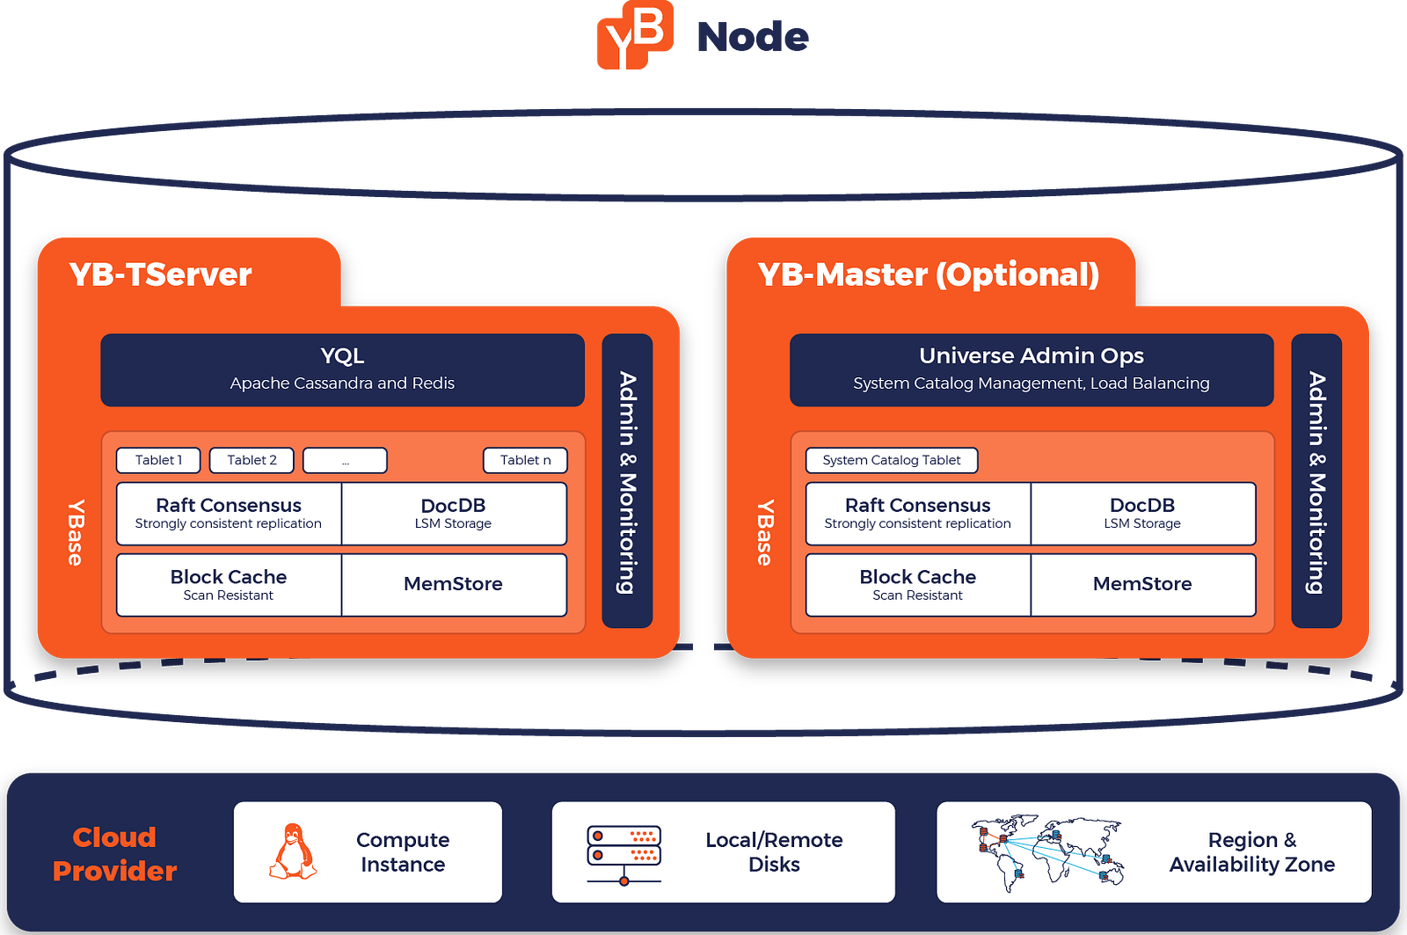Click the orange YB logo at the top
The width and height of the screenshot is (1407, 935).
pos(634,34)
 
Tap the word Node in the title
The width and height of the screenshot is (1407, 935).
pos(753,37)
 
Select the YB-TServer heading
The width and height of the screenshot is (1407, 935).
pos(160,274)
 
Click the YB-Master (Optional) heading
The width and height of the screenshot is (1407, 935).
pos(929,274)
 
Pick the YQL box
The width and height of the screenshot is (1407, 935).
pos(342,370)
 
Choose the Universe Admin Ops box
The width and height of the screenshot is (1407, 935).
pos(1032,370)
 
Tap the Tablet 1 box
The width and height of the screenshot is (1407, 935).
pos(158,460)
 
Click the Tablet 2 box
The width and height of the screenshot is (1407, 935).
pos(252,460)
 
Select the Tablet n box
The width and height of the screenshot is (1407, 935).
pos(525,460)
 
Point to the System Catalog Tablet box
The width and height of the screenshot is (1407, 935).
pos(892,460)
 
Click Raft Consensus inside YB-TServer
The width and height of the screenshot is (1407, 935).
pos(229,514)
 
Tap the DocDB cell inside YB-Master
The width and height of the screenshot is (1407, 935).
pos(1142,514)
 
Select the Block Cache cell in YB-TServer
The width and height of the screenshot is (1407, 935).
pos(229,585)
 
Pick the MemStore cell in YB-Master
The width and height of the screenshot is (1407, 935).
pos(1142,585)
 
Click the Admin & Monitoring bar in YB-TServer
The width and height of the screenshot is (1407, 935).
pos(627,481)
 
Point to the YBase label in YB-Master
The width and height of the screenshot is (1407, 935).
pos(764,533)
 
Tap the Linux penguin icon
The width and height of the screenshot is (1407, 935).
pos(293,851)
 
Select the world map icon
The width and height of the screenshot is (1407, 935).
pos(1047,852)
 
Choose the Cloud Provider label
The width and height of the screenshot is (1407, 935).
pos(114,854)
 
